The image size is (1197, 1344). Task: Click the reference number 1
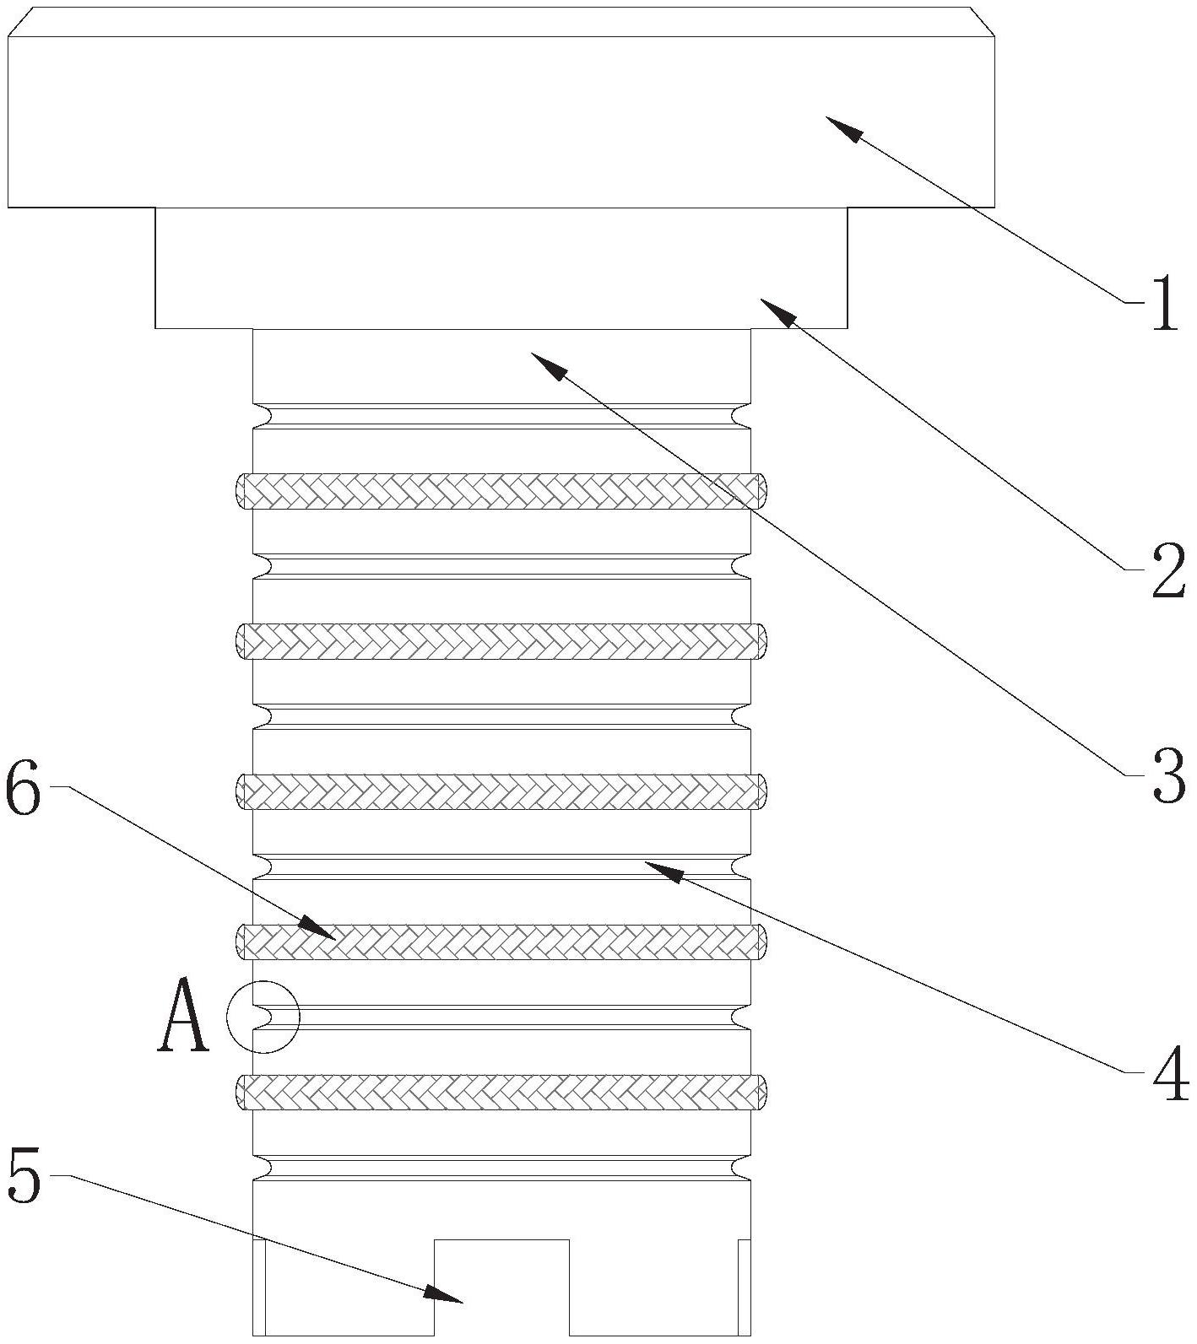pyautogui.click(x=1165, y=305)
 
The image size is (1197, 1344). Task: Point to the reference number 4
pyautogui.click(x=1170, y=1076)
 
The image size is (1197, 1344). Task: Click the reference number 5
pyautogui.click(x=23, y=1178)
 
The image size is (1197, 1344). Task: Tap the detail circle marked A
pyautogui.click(x=263, y=1017)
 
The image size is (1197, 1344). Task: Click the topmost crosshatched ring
pyautogui.click(x=501, y=490)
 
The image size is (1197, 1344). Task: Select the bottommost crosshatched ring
pyautogui.click(x=501, y=1092)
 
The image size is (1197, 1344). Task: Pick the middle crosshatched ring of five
pyautogui.click(x=501, y=791)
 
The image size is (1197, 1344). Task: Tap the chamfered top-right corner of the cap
pyautogui.click(x=982, y=22)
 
